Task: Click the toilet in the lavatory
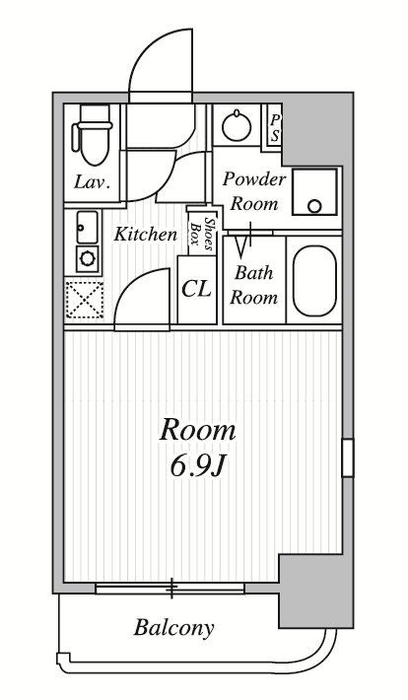pos(93,135)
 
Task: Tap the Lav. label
pos(92,182)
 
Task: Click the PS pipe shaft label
pos(275,128)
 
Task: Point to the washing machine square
pos(314,192)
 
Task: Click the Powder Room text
pos(254,191)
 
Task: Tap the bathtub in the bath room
pos(314,281)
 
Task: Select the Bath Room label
pos(253,285)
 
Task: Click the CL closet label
pos(196,289)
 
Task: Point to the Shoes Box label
pos(202,231)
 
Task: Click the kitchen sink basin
pos(87,227)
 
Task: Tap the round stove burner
pos(86,258)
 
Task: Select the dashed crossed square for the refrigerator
pos(85,300)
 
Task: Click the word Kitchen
pos(146,234)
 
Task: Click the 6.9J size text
pos(196,466)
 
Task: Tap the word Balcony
pos(174,628)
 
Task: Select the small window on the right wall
pos(348,458)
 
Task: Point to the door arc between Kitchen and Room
pos(133,286)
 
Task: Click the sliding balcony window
pos(170,588)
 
